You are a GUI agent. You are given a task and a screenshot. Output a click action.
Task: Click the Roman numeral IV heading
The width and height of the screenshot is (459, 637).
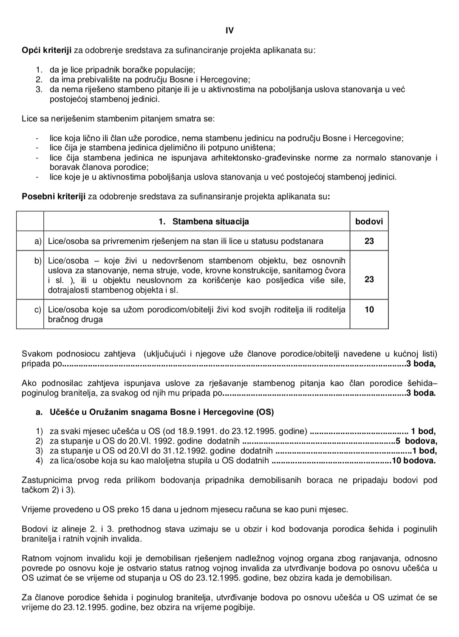pos(229,31)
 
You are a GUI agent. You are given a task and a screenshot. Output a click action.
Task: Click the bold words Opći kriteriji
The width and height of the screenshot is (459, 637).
pos(47,51)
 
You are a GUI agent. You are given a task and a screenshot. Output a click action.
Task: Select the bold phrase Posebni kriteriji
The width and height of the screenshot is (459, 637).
pos(54,197)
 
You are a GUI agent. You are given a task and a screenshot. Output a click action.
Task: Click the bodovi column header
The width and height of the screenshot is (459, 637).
pos(369,222)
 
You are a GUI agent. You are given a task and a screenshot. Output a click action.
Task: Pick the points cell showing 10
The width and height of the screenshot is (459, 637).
pos(369,310)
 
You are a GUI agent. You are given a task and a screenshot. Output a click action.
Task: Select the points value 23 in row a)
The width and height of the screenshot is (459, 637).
pos(369,241)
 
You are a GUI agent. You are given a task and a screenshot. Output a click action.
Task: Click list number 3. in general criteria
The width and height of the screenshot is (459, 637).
pos(40,89)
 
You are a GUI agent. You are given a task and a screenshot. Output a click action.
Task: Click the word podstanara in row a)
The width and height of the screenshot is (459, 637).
pos(303,241)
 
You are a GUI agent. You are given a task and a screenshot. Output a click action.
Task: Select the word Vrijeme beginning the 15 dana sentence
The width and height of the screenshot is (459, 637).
pos(37,509)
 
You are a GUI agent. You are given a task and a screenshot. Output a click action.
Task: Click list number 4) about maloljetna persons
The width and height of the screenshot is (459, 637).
pos(40,460)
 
